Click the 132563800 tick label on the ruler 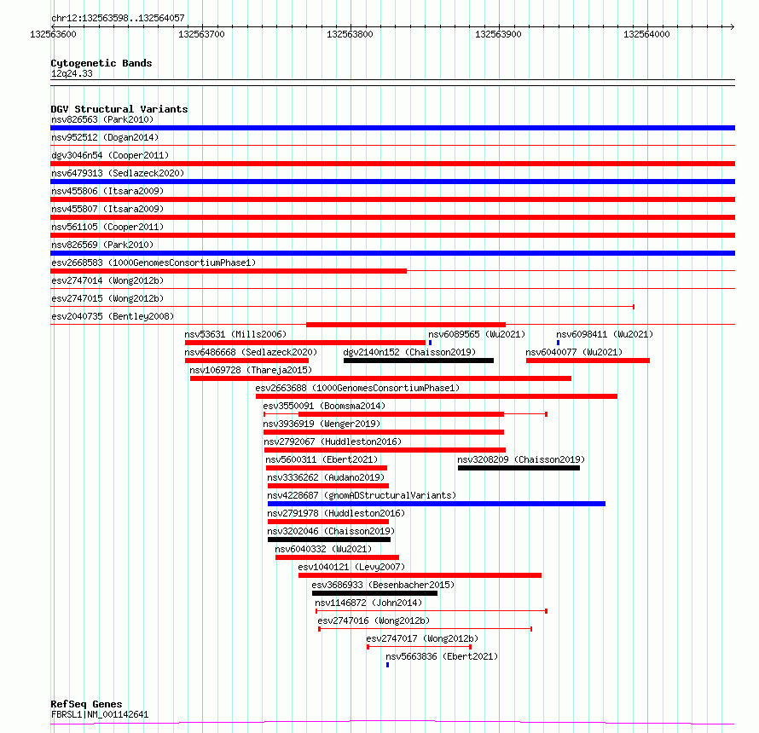click(350, 34)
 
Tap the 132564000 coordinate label click(646, 34)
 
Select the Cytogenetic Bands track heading click(101, 63)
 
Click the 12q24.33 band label click(72, 73)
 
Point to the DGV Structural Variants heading click(119, 109)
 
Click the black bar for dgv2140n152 click(418, 361)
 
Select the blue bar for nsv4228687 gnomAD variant click(436, 504)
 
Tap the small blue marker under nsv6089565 click(430, 343)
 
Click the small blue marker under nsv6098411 click(559, 343)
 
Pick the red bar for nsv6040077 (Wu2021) click(588, 361)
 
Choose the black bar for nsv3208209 click(519, 468)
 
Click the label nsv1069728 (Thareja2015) click(251, 370)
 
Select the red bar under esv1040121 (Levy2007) click(420, 575)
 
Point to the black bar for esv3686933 click(374, 593)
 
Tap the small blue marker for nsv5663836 click(387, 665)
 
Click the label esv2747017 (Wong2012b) click(422, 638)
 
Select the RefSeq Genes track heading click(86, 705)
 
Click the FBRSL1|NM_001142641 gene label click(100, 714)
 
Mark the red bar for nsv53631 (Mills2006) click(305, 343)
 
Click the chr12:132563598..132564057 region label click(118, 18)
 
